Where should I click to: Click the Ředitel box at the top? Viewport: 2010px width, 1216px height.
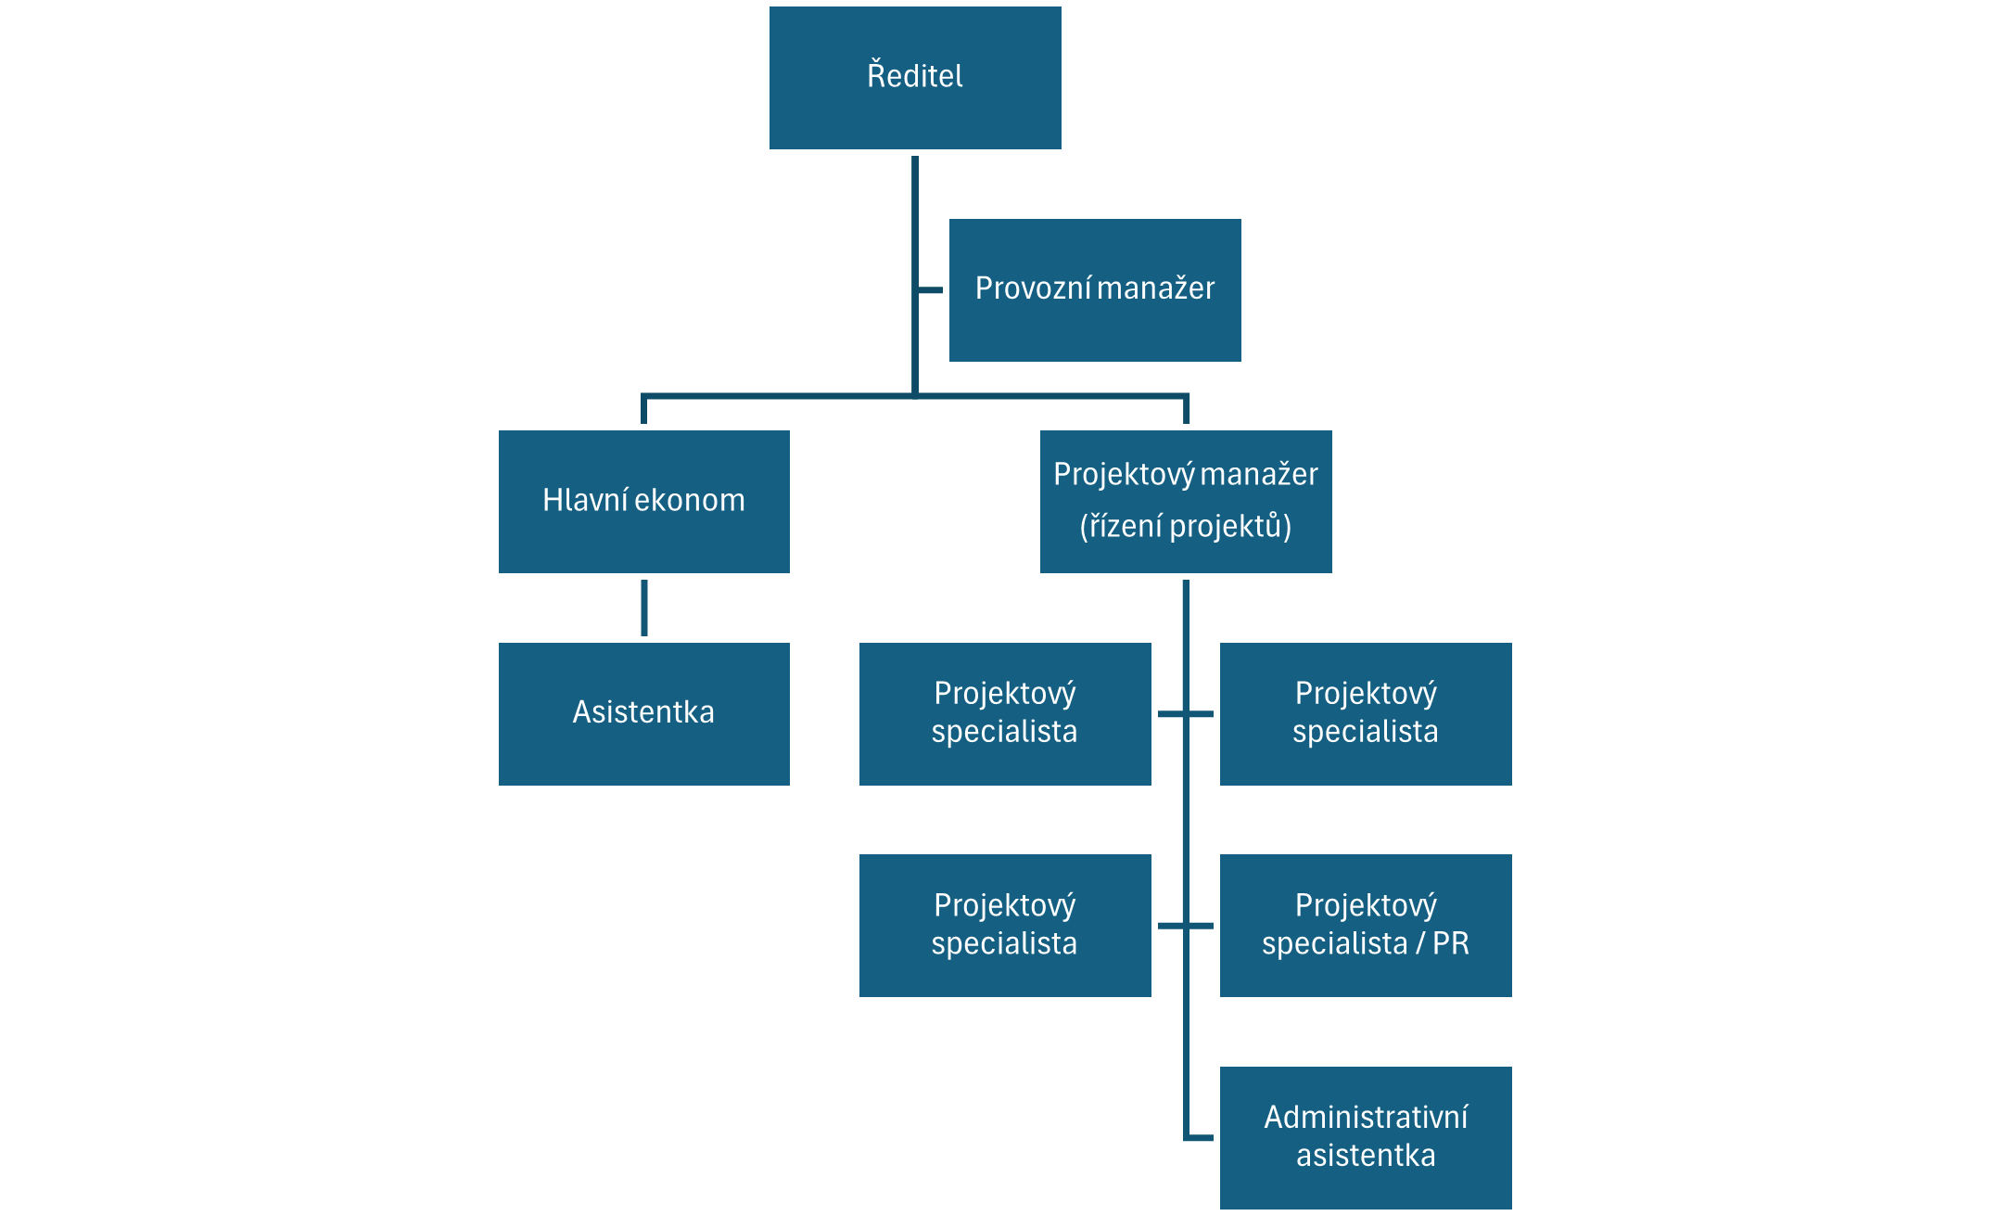915,78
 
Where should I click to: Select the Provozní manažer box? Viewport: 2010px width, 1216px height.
1095,290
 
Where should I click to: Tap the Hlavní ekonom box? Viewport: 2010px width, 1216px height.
644,502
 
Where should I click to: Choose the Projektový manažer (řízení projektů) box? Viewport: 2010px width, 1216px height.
1186,502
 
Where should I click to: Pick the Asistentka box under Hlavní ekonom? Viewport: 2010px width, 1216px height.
644,714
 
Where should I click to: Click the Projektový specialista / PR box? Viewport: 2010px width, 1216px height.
1366,926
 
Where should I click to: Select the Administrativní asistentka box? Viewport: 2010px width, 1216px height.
1366,1138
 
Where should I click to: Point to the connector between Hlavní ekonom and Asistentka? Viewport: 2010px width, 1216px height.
644,608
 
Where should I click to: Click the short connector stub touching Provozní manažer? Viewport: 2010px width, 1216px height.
930,290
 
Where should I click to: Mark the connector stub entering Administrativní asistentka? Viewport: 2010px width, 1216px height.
1200,1137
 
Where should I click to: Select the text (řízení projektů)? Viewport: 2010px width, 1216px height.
1186,526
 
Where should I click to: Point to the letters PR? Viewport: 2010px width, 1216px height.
1451,943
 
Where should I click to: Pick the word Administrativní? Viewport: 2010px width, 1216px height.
1366,1118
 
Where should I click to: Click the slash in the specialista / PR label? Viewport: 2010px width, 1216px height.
1419,943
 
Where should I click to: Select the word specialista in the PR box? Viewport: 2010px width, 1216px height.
1335,944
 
